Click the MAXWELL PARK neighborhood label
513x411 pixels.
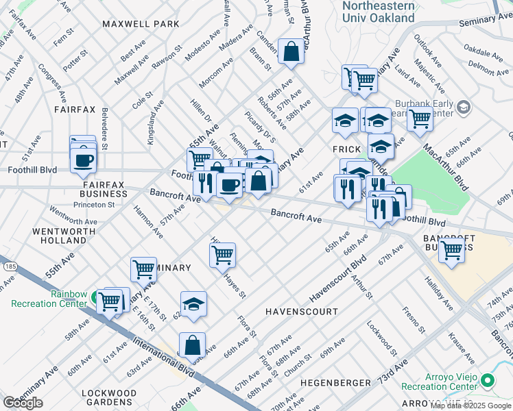[x=141, y=24]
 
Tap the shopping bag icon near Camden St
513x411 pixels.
[x=291, y=51]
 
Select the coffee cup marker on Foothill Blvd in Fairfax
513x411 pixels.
[x=84, y=161]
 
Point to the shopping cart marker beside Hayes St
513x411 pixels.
[x=222, y=256]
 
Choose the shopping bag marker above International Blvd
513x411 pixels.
[x=193, y=345]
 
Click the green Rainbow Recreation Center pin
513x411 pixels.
[x=93, y=299]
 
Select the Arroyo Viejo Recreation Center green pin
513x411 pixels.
[x=487, y=379]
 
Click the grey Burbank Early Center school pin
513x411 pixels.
[x=464, y=107]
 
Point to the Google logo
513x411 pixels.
[x=23, y=403]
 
